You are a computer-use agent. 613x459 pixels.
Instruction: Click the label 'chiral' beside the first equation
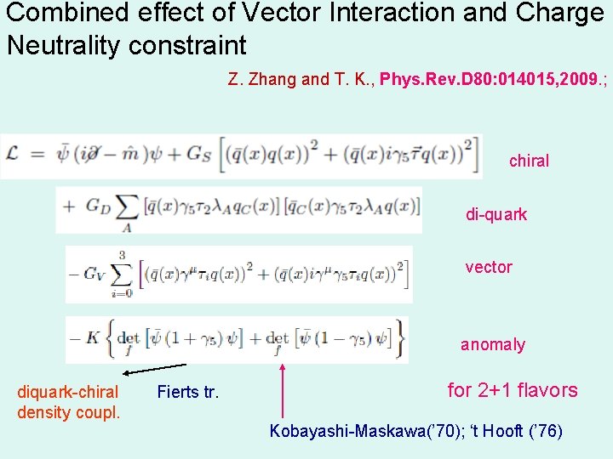(x=529, y=161)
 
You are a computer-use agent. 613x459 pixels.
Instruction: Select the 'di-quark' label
(x=496, y=214)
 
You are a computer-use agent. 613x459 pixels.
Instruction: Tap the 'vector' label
(x=488, y=267)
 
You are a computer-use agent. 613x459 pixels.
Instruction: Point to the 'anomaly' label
(x=492, y=344)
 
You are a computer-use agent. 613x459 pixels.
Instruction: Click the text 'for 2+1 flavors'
(x=512, y=390)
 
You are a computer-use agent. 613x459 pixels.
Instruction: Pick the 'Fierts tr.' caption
(x=187, y=393)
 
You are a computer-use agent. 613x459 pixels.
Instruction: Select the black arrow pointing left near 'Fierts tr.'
(x=153, y=370)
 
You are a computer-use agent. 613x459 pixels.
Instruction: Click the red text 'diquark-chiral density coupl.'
(x=68, y=402)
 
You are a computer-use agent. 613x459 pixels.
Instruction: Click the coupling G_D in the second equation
(x=99, y=209)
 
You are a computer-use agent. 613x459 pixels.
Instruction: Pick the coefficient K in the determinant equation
(x=95, y=337)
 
